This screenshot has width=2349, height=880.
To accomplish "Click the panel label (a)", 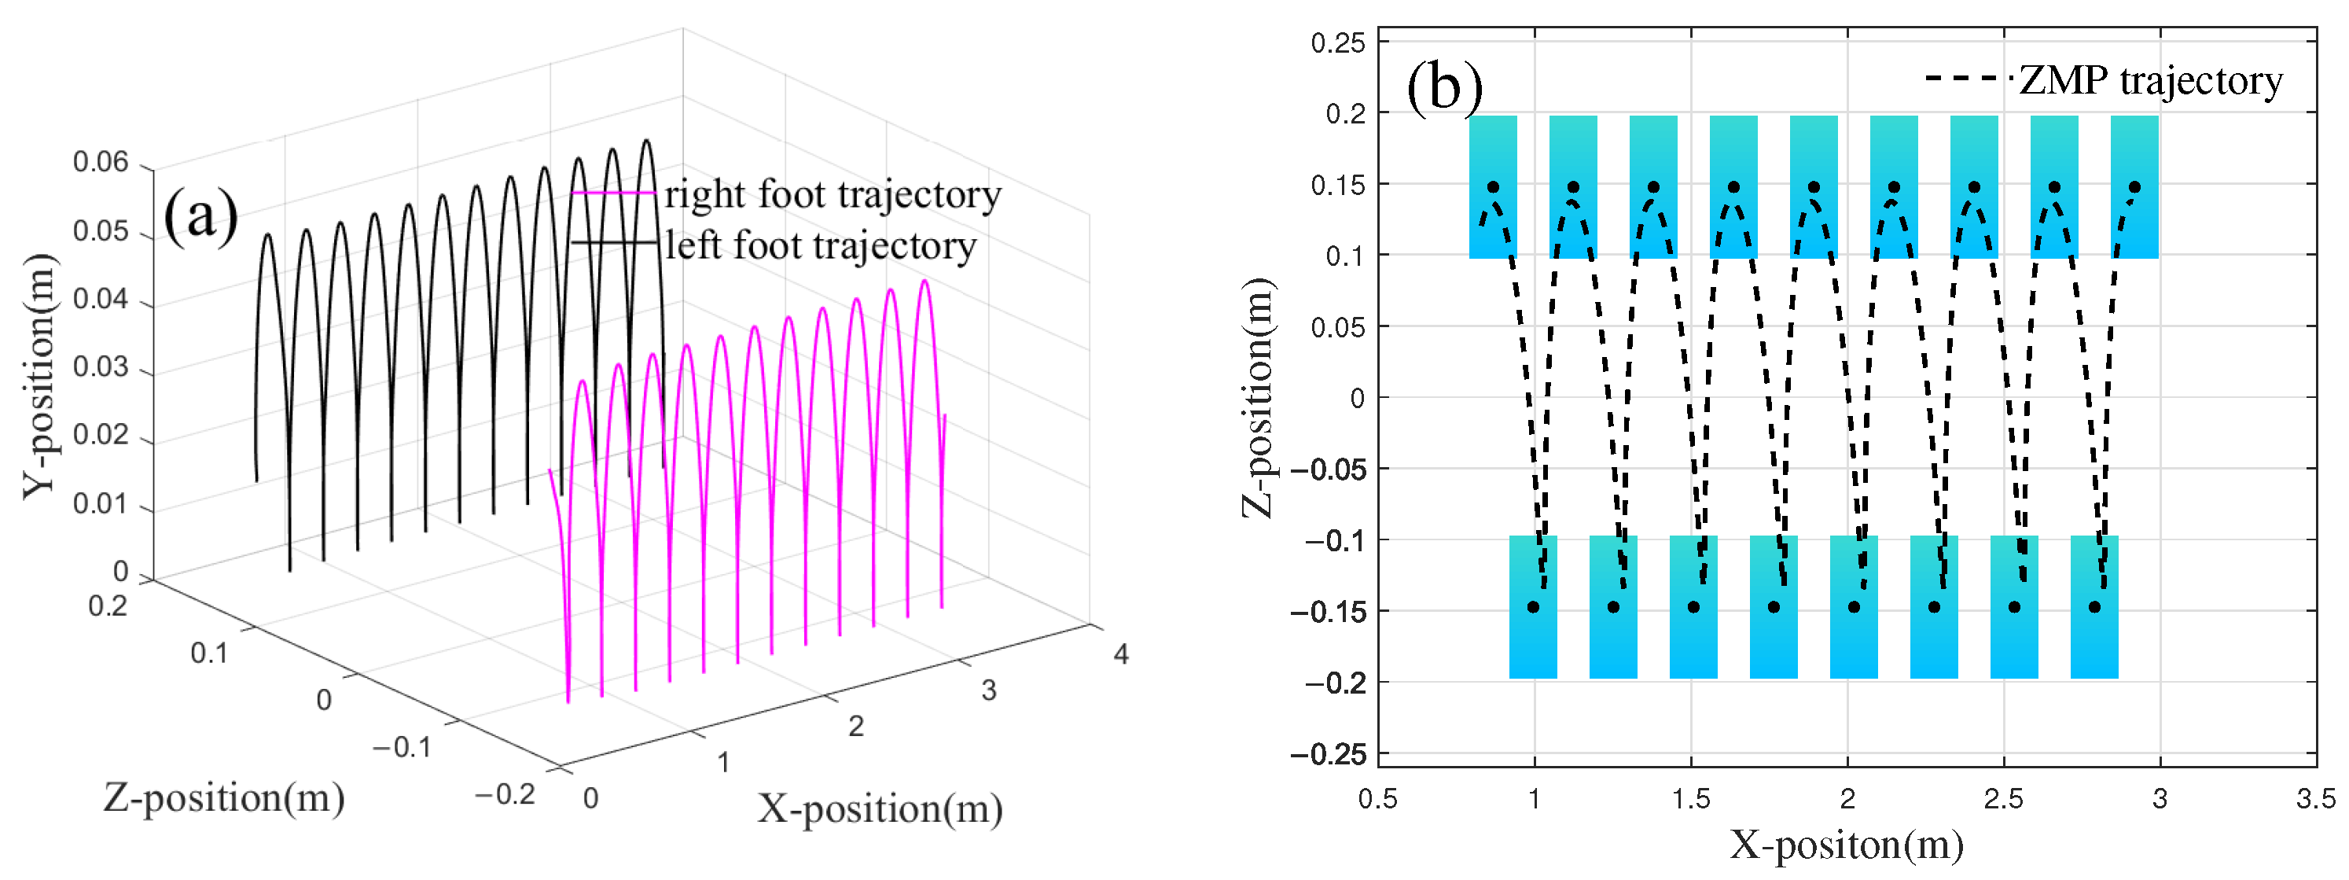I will click(x=200, y=216).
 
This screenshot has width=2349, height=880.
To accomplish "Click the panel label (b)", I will click(x=1444, y=87).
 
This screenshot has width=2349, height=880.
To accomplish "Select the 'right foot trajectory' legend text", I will click(x=833, y=194).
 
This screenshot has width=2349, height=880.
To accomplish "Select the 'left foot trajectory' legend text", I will click(x=821, y=245).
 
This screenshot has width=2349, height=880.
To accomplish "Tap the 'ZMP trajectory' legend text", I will click(x=2150, y=80).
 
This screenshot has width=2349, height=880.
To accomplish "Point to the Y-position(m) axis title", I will click(x=40, y=377).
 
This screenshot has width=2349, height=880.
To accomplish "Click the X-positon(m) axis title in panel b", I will click(x=1847, y=845).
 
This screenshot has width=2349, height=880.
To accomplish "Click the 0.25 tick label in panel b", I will click(x=1338, y=43).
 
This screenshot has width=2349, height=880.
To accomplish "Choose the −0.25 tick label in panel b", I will click(x=1328, y=754).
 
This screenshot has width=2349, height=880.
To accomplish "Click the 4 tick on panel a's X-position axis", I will click(x=1121, y=654).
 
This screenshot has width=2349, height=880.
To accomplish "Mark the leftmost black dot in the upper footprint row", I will click(x=1494, y=187).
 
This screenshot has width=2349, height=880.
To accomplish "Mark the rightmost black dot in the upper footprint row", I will click(x=2134, y=187).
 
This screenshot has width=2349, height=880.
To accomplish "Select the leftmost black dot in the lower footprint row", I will click(x=1534, y=607).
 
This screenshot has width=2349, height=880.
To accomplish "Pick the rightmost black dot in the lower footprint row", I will click(x=2094, y=607).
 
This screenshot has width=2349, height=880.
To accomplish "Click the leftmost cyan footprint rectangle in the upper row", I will click(x=1494, y=187).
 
